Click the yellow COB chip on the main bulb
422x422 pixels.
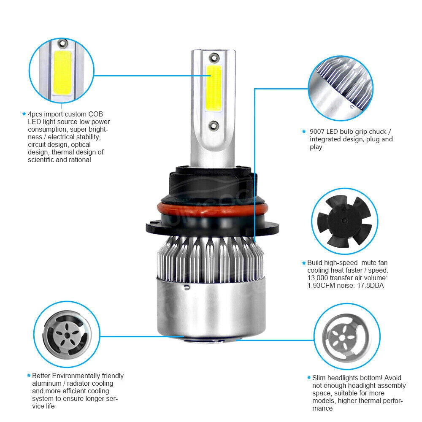[x=214, y=88]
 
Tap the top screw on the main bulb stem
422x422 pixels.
[x=214, y=57]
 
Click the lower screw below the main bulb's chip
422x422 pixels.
[x=214, y=125]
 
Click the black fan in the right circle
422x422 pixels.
[x=344, y=221]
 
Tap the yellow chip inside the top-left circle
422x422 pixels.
[x=62, y=72]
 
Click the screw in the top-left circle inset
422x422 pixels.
[x=63, y=43]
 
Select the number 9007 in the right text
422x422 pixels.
[x=317, y=132]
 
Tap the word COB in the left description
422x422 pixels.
[x=95, y=114]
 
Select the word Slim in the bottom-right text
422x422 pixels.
[x=318, y=378]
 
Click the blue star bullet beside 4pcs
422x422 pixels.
[x=24, y=114]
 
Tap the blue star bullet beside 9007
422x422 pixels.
[x=304, y=131]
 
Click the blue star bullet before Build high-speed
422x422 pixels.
[x=304, y=262]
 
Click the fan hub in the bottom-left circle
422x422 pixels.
[x=67, y=335]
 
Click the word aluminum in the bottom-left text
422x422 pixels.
[x=46, y=383]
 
